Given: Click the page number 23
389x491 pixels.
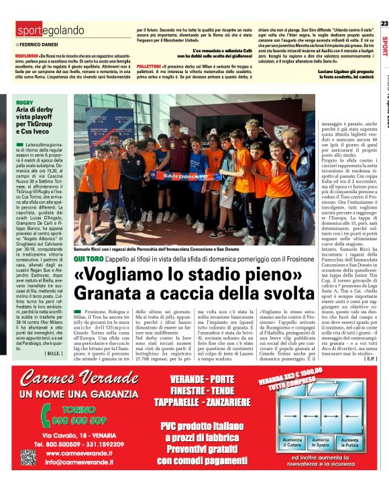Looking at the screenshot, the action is [384, 24].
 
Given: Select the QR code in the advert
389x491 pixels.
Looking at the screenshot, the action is [27, 457].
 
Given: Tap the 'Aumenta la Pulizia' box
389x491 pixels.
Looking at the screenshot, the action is [353, 443].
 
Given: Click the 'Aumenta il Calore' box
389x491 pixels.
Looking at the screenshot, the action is [292, 443].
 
